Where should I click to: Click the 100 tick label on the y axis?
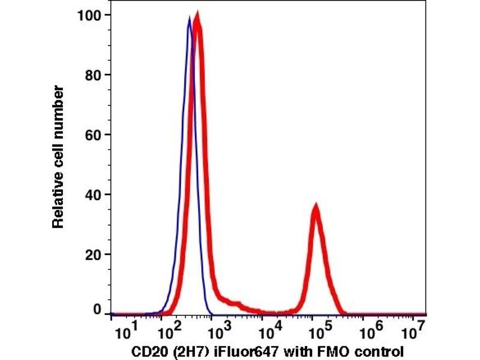[88, 14]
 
